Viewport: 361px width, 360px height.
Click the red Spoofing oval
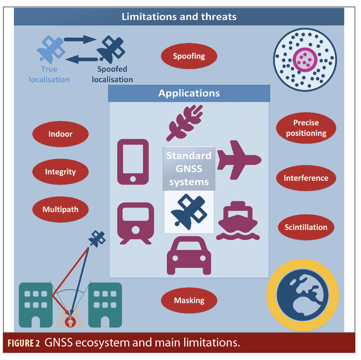(189, 56)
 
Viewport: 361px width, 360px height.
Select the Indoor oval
(60, 134)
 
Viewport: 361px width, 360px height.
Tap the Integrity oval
(60, 172)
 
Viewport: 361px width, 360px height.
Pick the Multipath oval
(60, 209)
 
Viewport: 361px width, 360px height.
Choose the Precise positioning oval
(306, 128)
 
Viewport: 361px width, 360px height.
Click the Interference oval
(306, 178)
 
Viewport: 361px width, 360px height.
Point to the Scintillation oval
(306, 227)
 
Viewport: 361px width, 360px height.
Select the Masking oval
(189, 300)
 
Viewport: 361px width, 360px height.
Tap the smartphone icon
(133, 161)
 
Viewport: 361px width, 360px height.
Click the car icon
(189, 255)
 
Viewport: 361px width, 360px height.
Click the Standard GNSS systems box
(189, 169)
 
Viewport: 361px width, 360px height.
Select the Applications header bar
(189, 93)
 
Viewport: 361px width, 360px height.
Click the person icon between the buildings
(70, 321)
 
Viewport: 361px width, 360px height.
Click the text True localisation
(49, 74)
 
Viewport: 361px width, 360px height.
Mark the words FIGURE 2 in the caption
(24, 343)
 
